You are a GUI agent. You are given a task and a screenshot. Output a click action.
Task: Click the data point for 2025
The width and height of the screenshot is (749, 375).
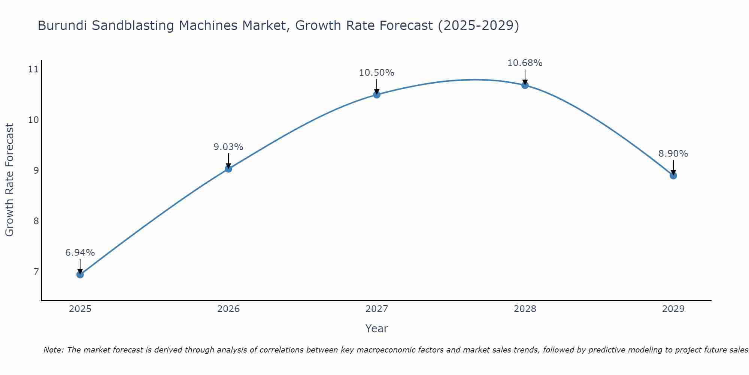(80, 274)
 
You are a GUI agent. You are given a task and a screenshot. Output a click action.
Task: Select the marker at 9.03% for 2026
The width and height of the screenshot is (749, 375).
(228, 169)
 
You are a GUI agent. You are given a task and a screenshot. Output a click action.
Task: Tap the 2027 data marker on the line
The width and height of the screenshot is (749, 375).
(377, 94)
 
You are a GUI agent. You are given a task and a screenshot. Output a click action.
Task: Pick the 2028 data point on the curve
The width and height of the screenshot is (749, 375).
(525, 85)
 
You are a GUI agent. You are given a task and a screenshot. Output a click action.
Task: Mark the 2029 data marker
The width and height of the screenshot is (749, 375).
(673, 175)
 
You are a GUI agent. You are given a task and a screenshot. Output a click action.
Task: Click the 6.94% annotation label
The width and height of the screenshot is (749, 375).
(80, 253)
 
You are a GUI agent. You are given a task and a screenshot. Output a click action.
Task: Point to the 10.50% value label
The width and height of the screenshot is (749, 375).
(377, 73)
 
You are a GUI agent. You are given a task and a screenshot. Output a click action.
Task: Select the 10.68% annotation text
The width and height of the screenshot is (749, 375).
(525, 63)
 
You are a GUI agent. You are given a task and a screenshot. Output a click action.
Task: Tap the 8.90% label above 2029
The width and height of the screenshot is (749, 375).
(673, 154)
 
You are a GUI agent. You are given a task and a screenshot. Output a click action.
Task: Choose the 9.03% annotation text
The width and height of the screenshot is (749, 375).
(228, 147)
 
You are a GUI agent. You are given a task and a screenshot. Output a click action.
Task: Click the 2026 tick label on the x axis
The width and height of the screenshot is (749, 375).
(228, 309)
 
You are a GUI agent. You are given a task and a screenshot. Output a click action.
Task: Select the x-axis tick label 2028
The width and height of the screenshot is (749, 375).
(525, 309)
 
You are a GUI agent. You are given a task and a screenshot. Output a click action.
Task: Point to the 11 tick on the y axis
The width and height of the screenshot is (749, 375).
(33, 69)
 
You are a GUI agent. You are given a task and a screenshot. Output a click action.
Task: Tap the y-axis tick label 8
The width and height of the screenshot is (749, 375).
(36, 221)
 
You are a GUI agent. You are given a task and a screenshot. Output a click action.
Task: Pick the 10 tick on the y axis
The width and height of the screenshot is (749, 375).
(33, 120)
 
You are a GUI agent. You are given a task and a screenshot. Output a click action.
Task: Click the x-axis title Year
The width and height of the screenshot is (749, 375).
(377, 328)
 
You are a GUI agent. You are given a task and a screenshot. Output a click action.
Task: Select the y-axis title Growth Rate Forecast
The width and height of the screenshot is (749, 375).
(10, 180)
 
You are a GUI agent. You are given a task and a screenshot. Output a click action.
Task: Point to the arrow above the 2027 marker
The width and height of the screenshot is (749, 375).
(377, 86)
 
